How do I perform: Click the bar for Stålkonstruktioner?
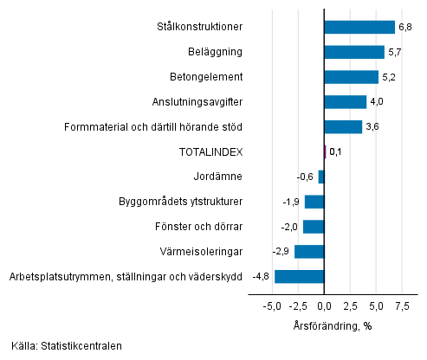coord(359,27)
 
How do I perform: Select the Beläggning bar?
coord(354,52)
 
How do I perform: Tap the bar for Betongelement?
coord(352,77)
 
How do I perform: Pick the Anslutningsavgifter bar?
coord(346,102)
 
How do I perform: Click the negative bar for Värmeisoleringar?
coord(309,252)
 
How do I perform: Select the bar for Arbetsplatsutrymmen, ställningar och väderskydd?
coord(300,277)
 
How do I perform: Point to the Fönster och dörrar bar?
coord(314,227)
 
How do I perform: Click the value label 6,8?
coord(405,27)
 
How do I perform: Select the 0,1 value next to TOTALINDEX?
coord(336,152)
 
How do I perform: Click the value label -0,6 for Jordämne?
coord(305,177)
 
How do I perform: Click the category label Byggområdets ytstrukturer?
coord(180,202)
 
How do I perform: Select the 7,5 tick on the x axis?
coord(403,306)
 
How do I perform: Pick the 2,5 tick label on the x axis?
coord(351,306)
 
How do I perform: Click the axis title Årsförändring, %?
coord(333,325)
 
